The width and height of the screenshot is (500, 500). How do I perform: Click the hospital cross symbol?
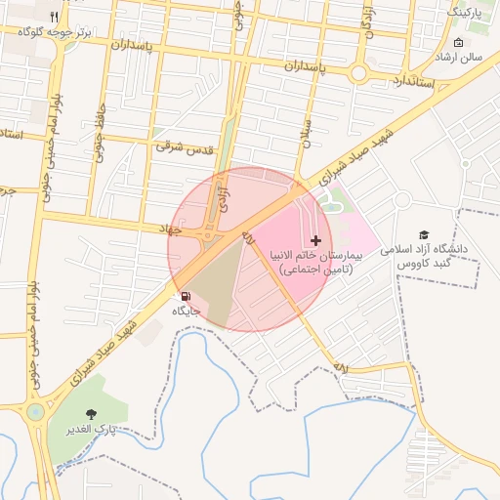(314, 240)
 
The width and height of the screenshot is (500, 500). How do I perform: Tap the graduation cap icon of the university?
(424, 234)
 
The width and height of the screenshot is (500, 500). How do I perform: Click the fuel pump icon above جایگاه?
(185, 295)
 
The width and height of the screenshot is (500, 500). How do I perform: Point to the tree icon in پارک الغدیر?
(92, 414)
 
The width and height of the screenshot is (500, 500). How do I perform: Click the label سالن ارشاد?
(461, 58)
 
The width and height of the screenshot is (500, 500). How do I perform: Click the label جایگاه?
(186, 311)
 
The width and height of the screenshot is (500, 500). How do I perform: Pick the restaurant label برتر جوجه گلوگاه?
(56, 32)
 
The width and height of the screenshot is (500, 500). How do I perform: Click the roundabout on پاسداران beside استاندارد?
(358, 72)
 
